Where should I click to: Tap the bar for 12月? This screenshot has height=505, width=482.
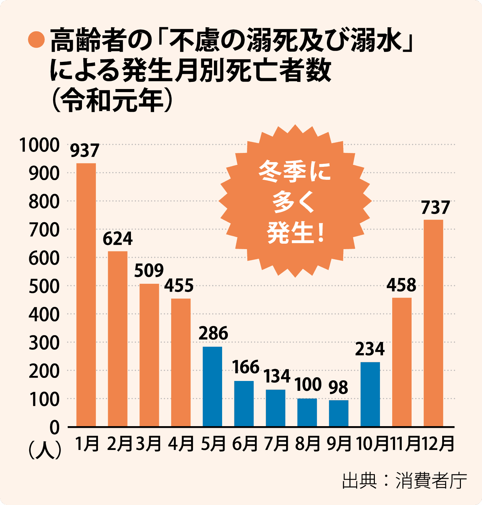pos(433,323)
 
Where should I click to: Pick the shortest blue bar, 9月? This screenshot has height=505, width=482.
pos(338,413)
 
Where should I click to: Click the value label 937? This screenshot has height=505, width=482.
pos(85,151)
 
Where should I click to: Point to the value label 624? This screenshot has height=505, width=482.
pos(118,239)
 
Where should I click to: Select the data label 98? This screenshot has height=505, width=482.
pos(338,387)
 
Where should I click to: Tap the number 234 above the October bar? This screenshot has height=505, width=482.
pos(370,349)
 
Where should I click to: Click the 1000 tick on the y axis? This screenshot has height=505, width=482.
pos(39,145)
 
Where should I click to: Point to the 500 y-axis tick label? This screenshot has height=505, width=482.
pos(44,286)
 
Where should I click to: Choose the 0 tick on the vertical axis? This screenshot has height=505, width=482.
pos(54,428)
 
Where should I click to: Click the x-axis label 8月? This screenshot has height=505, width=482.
pos(308,444)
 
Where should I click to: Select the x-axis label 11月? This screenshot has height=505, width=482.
pos(405,444)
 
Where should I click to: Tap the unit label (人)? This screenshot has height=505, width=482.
pos(45,450)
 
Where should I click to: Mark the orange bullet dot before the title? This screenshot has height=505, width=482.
pos(36,40)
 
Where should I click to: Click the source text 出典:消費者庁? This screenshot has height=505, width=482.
pos(404,481)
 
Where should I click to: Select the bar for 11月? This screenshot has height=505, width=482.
pos(402,362)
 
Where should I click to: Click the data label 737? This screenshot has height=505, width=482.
pos(435,208)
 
